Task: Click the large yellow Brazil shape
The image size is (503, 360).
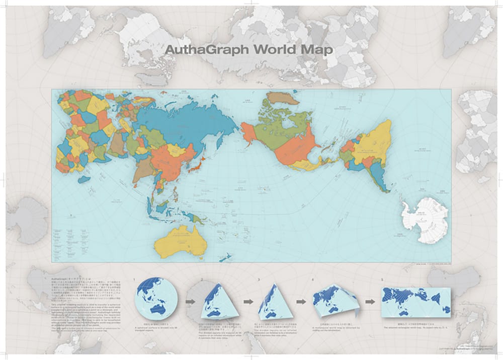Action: click(x=372, y=143)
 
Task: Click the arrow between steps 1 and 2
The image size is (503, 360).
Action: click(x=191, y=302)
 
